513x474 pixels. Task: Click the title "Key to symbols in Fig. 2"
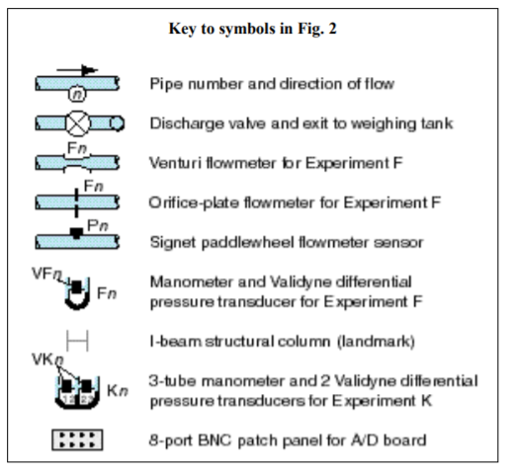(253, 29)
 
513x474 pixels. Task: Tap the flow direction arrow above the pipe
(77, 70)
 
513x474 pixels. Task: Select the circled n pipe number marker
(77, 94)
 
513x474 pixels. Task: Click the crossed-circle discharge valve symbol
(77, 123)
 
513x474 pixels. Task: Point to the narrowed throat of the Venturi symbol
(77, 163)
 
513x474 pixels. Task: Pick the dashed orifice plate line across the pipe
(76, 202)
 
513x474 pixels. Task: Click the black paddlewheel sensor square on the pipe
(76, 233)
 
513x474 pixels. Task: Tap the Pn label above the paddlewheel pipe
(98, 226)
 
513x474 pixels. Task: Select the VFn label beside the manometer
(46, 274)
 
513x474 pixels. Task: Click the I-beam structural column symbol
(77, 341)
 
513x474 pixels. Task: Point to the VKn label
(47, 359)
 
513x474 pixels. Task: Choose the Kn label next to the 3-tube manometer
(118, 391)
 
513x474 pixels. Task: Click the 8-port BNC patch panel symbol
(77, 439)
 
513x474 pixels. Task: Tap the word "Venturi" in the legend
(175, 163)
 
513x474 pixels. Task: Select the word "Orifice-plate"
(194, 202)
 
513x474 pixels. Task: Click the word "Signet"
(173, 243)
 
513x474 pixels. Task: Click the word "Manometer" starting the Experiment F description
(191, 282)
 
